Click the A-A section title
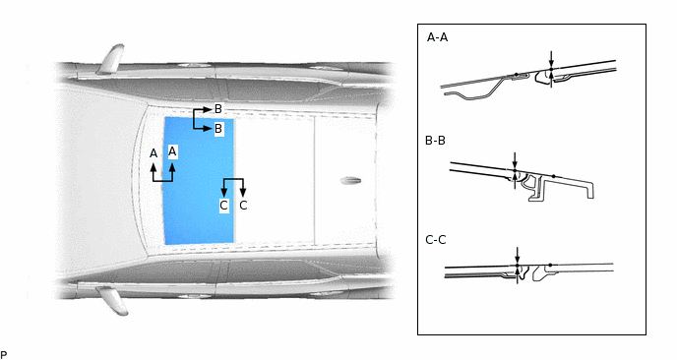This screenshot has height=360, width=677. pyautogui.click(x=437, y=37)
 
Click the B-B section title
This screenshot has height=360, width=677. pyautogui.click(x=435, y=141)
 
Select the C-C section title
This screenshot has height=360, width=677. pyautogui.click(x=436, y=240)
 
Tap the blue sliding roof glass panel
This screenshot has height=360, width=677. pyautogui.click(x=199, y=181)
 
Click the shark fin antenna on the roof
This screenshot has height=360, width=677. pyautogui.click(x=350, y=180)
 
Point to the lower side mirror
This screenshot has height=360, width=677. pyautogui.click(x=112, y=300)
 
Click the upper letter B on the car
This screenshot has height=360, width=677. pyautogui.click(x=218, y=109)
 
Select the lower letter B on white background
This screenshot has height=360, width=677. pyautogui.click(x=218, y=129)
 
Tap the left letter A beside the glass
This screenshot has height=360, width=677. pyautogui.click(x=154, y=153)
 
